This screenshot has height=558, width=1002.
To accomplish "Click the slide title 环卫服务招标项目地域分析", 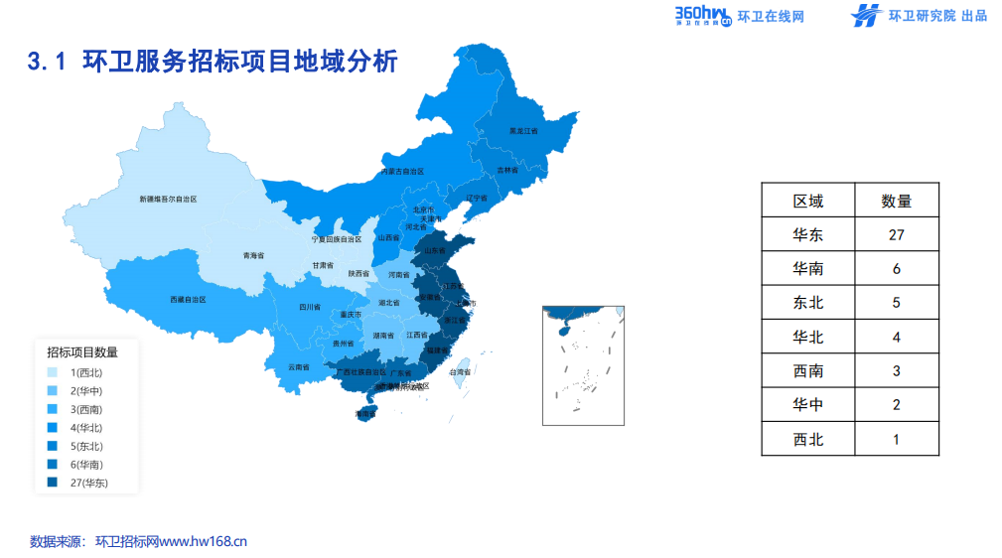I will (213, 62).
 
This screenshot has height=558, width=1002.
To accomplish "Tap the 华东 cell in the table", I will (807, 235).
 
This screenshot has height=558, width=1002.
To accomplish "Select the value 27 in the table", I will (896, 235).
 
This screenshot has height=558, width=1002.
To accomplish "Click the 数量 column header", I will (896, 202).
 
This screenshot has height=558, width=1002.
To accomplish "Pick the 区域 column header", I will (807, 202).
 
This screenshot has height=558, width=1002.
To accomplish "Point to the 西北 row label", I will (807, 439).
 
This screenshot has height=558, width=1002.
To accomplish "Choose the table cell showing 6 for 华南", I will (896, 269).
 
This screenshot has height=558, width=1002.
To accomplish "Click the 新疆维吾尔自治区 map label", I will (168, 200).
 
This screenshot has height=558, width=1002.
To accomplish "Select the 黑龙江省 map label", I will (523, 130).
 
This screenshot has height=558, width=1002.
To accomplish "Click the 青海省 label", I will (253, 255).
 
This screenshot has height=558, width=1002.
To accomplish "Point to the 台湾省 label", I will (460, 372).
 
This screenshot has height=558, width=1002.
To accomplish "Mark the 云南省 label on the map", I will (299, 367).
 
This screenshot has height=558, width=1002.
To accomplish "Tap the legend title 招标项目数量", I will (82, 351).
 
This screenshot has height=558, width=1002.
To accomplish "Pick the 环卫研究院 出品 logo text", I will (923, 16).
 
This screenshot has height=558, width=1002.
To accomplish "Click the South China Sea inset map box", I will (583, 365).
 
